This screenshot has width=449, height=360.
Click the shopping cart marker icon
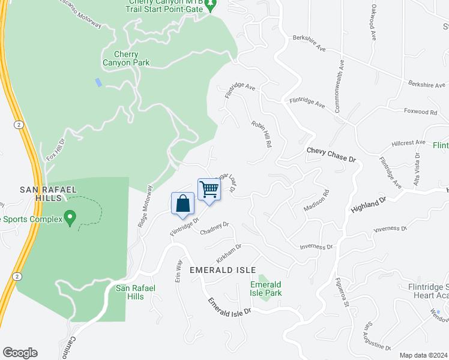click(x=209, y=190)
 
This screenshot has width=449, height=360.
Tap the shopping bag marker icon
click(x=183, y=203)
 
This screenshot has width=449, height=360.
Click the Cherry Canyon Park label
click(x=125, y=58)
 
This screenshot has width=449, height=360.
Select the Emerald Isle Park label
click(x=266, y=289)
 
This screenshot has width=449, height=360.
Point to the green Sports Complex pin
click(x=70, y=217)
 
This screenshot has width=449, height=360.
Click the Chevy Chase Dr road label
click(x=331, y=154)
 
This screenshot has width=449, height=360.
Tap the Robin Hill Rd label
click(x=262, y=134)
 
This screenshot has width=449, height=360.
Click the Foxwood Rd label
click(x=420, y=112)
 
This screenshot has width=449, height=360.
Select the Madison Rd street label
click(x=317, y=202)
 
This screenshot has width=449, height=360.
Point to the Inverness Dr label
click(x=316, y=247)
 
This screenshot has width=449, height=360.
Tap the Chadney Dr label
click(x=214, y=229)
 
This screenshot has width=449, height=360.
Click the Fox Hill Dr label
click(x=55, y=149)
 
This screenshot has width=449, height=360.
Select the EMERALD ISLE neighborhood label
click(x=222, y=270)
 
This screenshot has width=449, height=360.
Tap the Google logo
click(x=20, y=353)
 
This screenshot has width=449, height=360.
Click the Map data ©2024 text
click(x=423, y=355)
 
